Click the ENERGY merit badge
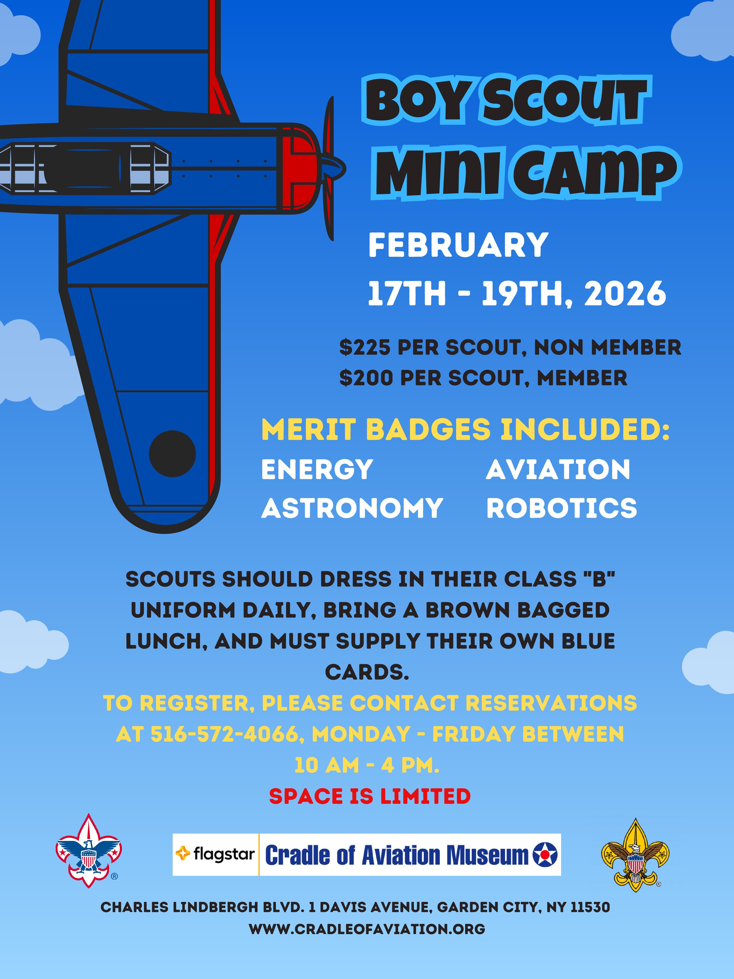tap(317, 469)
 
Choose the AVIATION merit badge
tap(558, 469)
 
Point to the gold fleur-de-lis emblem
tap(635, 855)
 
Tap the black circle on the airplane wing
tap(172, 454)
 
